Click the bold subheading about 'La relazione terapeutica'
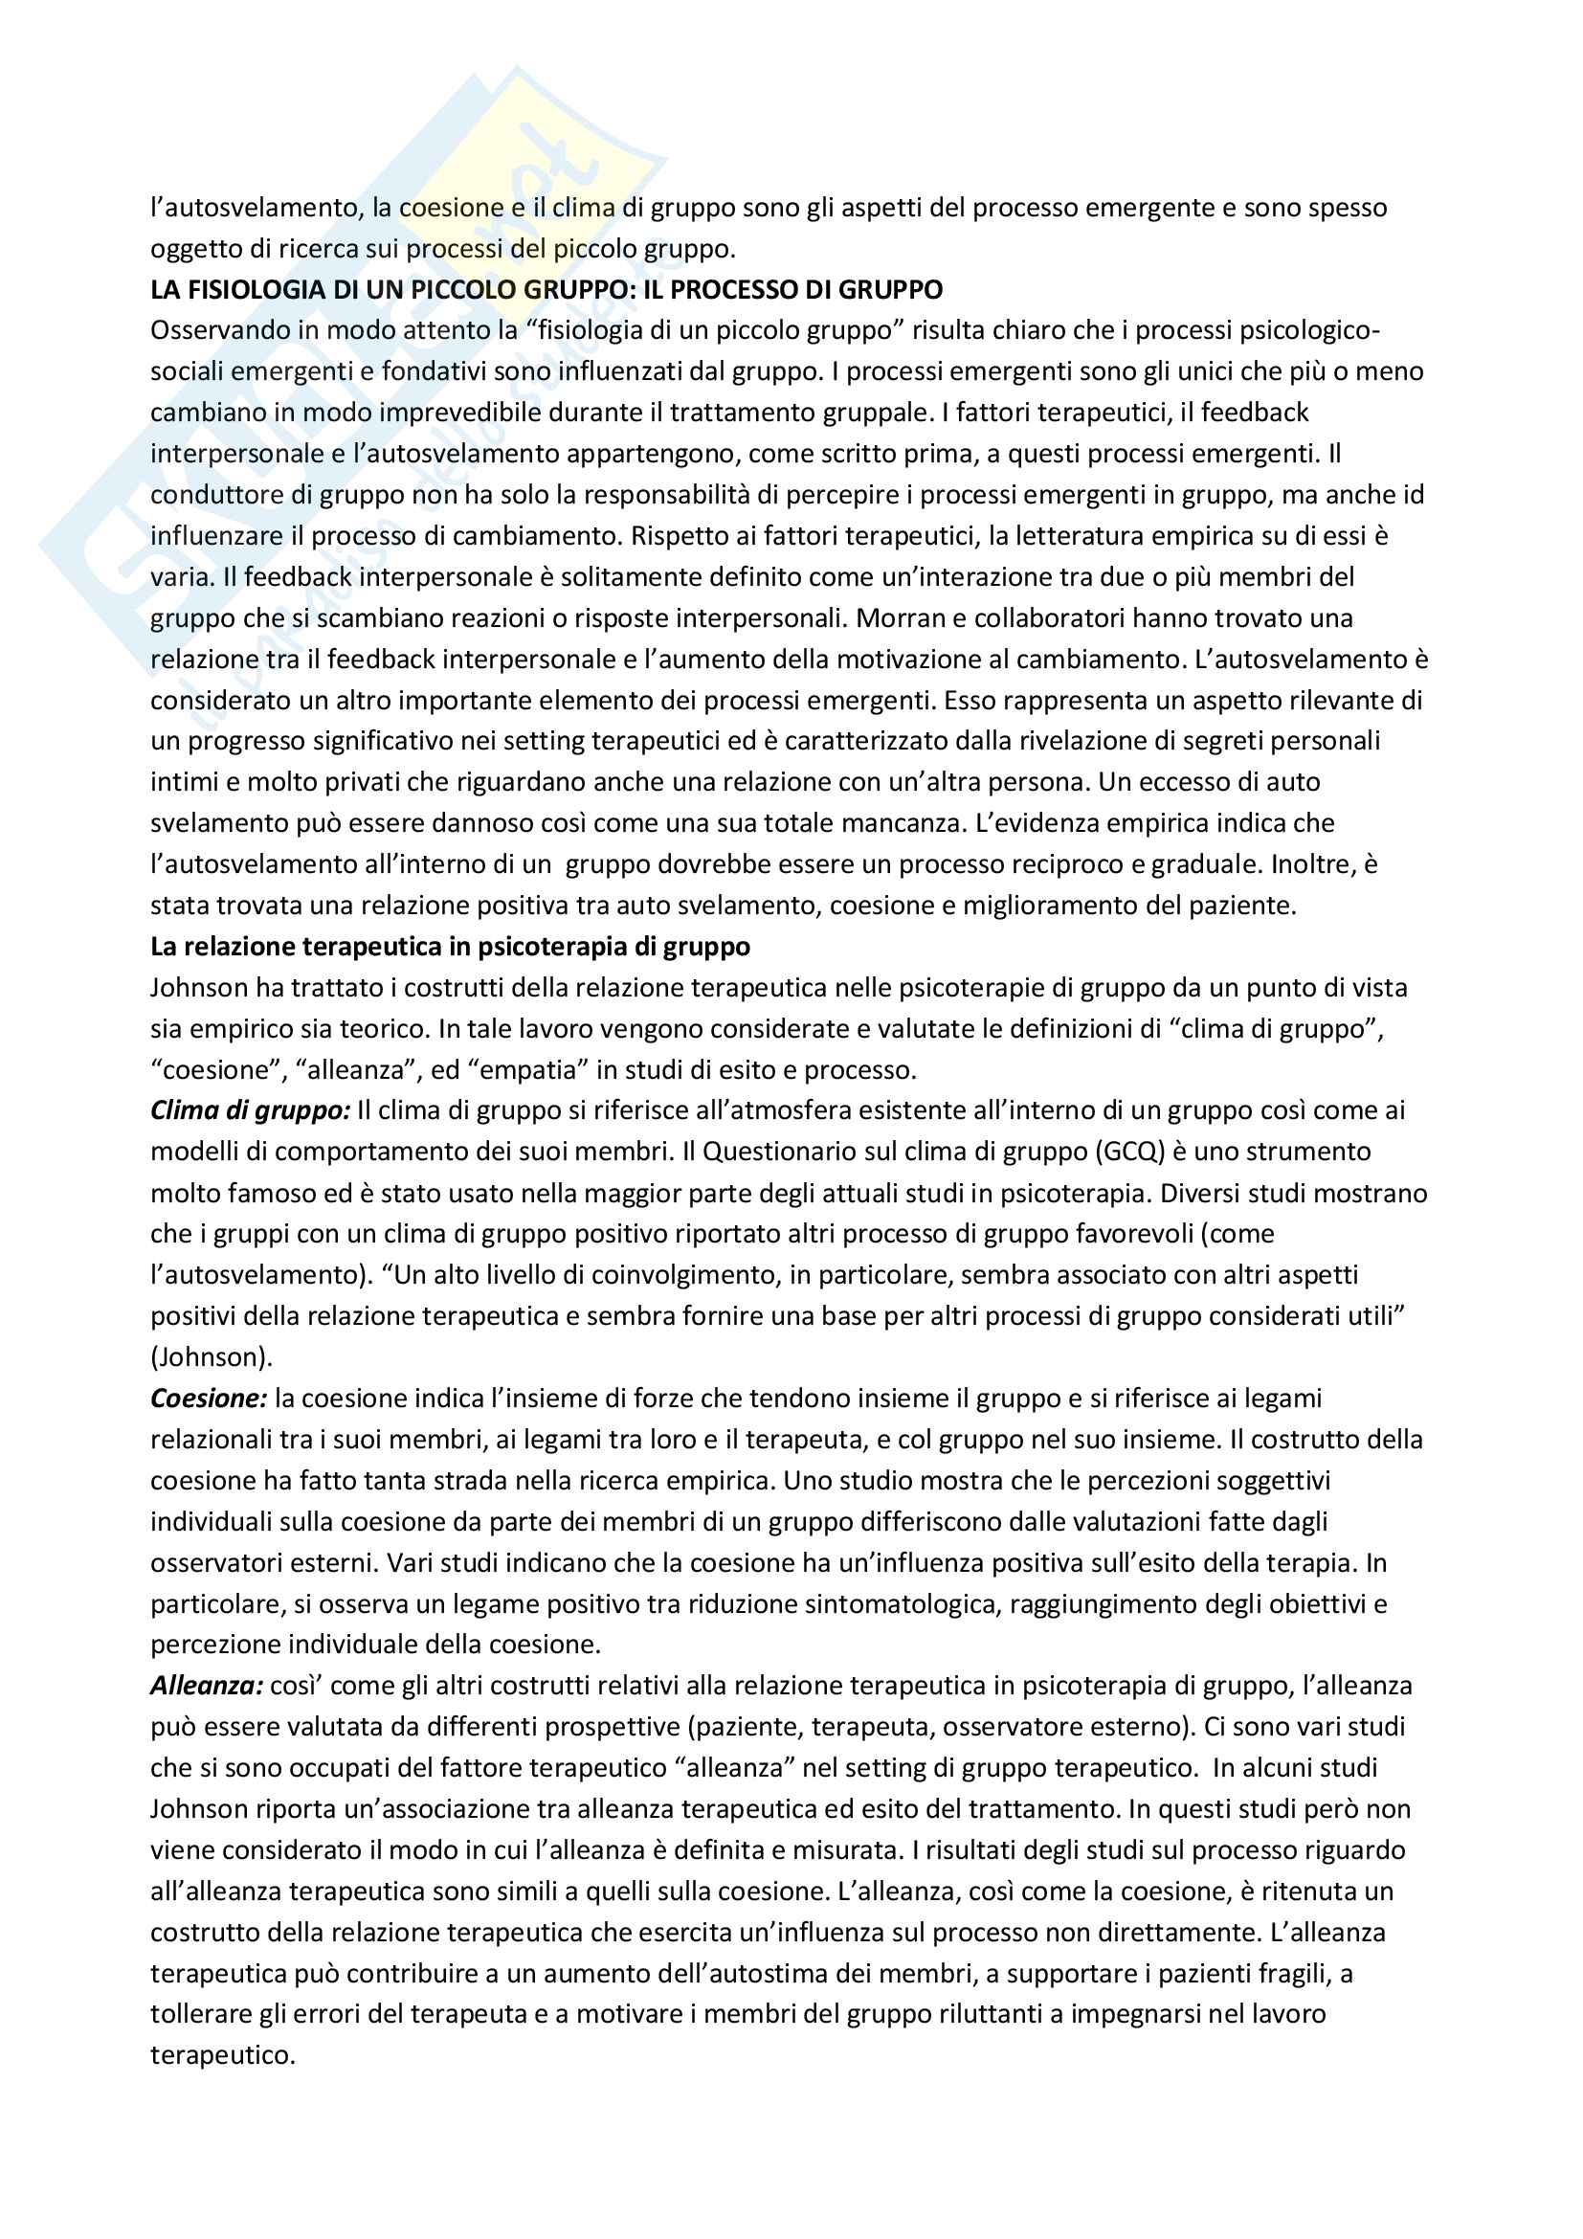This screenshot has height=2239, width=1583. point(451,947)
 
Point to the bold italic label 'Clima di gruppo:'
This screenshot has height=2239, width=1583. point(250,1110)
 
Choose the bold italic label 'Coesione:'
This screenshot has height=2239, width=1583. point(209,1399)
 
